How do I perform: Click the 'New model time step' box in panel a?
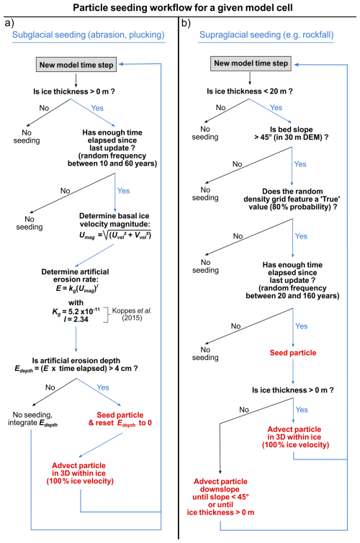point(76,65)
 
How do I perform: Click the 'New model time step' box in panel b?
point(251,63)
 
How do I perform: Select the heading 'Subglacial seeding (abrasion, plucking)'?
point(89,35)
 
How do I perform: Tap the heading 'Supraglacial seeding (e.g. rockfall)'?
point(266,35)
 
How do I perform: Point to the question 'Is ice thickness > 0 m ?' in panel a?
point(74,91)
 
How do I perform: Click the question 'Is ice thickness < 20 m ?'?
point(250,91)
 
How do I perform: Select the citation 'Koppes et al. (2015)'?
point(132,314)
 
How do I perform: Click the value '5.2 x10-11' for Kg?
point(84,310)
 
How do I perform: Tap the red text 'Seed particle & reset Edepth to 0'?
point(120,419)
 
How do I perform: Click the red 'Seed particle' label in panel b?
point(293,353)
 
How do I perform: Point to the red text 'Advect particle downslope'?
point(220,485)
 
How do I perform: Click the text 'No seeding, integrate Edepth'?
point(32,419)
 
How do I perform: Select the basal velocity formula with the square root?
point(115,235)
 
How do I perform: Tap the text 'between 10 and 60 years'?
point(112,163)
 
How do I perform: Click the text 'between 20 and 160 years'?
point(292,296)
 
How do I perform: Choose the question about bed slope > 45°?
point(292,133)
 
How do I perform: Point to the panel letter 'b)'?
point(186,23)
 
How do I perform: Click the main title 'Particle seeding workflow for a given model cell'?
point(182,8)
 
